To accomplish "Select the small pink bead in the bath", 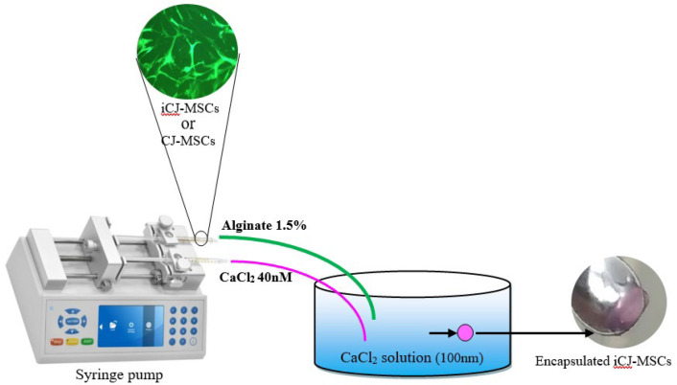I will (x=464, y=332).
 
